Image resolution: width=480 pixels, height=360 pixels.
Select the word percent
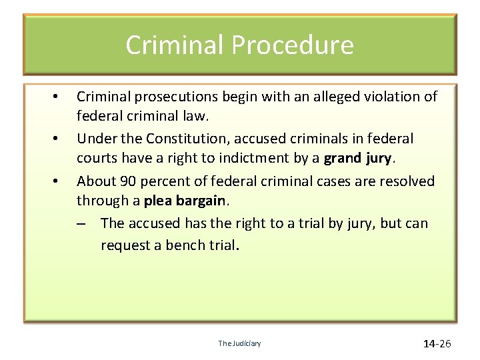pyautogui.click(x=161, y=181)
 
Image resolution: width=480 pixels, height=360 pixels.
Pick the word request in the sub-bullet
pyautogui.click(x=125, y=245)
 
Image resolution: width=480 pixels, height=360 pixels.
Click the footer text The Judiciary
pyautogui.click(x=240, y=343)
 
